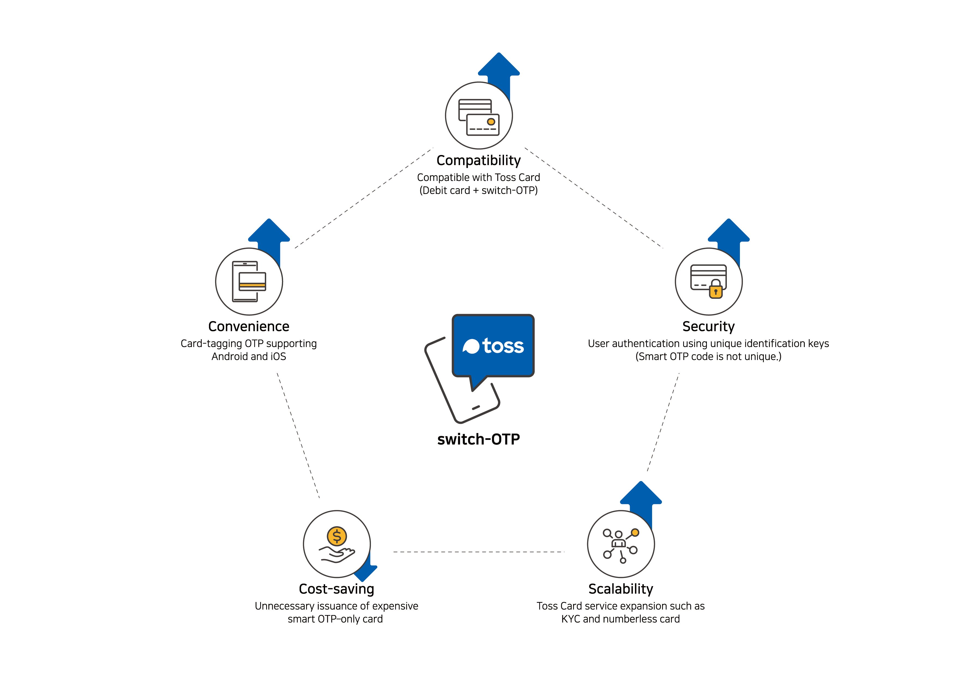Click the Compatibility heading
pyautogui.click(x=478, y=161)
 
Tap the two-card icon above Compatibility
pyautogui.click(x=479, y=117)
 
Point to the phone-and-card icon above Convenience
pyautogui.click(x=249, y=282)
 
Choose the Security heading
pyautogui.click(x=709, y=327)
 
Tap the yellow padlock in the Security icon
pyautogui.click(x=716, y=289)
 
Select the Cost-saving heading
pyautogui.click(x=336, y=589)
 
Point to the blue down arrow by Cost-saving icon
pyautogui.click(x=367, y=567)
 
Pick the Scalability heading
pyautogui.click(x=621, y=589)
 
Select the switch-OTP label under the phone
pyautogui.click(x=478, y=439)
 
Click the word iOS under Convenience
pyautogui.click(x=278, y=357)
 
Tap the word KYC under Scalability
pyautogui.click(x=571, y=619)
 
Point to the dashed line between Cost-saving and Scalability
pyautogui.click(x=479, y=552)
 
